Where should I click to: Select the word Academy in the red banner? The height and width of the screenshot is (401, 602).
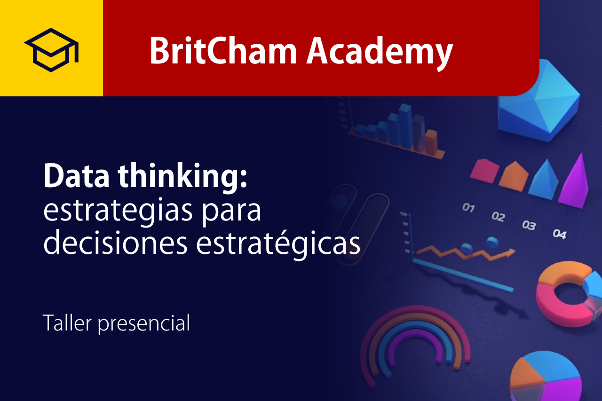pyautogui.click(x=380, y=51)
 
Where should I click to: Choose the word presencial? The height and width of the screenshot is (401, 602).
pyautogui.click(x=144, y=324)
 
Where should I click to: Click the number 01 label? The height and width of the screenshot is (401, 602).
pyautogui.click(x=468, y=207)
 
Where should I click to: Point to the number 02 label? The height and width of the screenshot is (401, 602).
pyautogui.click(x=498, y=217)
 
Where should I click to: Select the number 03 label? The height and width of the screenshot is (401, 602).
pyautogui.click(x=529, y=225)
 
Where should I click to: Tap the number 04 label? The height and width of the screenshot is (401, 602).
pyautogui.click(x=559, y=234)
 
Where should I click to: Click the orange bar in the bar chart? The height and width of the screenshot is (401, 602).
pyautogui.click(x=431, y=140)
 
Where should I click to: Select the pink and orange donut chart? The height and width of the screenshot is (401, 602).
pyautogui.click(x=564, y=296)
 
